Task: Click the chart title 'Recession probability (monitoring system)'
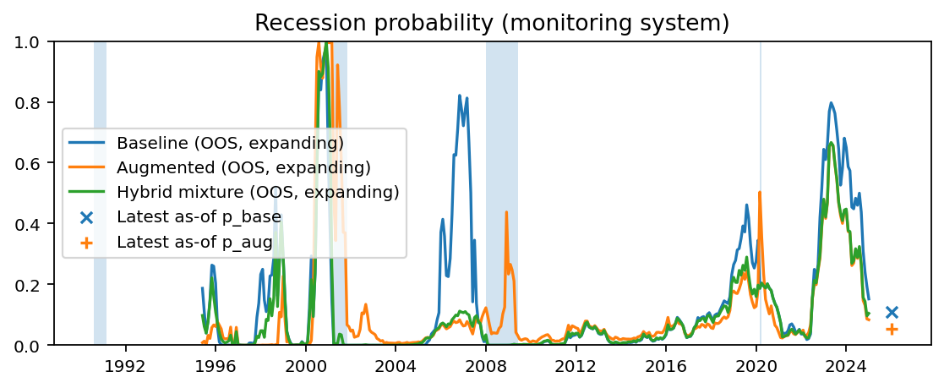coord(492,23)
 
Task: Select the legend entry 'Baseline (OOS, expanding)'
coord(230,141)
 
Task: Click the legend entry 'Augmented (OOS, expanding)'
coord(243,167)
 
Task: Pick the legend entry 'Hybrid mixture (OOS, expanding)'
coord(258,192)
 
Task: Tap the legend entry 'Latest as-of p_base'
coord(199,217)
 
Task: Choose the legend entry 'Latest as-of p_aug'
coord(194,243)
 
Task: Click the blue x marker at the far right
coord(892,312)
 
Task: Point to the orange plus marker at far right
coord(892,329)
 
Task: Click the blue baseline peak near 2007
coord(459,96)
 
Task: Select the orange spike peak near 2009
coord(506,212)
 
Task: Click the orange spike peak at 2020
coord(760,193)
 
